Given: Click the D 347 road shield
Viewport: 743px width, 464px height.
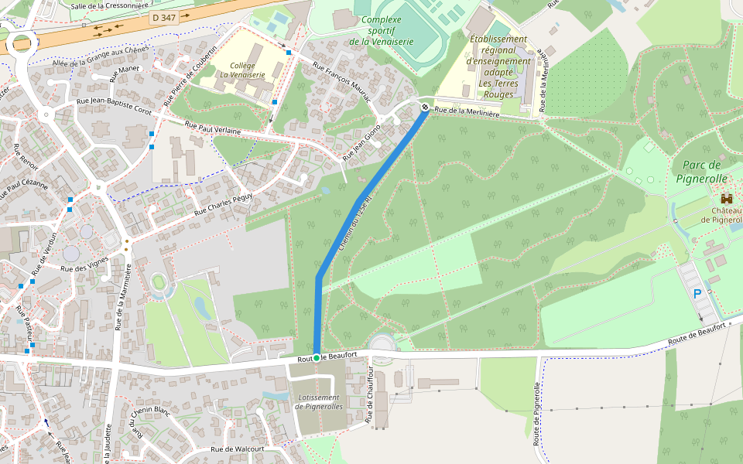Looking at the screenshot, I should [163, 17].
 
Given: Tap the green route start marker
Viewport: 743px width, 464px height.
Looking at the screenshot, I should [316, 357].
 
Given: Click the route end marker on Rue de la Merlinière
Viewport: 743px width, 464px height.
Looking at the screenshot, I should [425, 106].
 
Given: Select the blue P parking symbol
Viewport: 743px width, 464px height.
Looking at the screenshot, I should [697, 294].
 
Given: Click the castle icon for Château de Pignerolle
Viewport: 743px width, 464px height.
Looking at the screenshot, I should [726, 199].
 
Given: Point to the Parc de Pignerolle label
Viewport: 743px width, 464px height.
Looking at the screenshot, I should [703, 172].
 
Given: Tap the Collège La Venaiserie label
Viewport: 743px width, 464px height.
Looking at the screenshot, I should [242, 70].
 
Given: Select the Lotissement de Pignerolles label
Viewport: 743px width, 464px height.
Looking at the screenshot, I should [319, 401].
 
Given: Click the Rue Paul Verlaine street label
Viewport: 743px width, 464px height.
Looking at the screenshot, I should [213, 128].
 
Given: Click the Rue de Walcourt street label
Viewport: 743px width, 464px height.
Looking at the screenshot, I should [238, 449].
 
